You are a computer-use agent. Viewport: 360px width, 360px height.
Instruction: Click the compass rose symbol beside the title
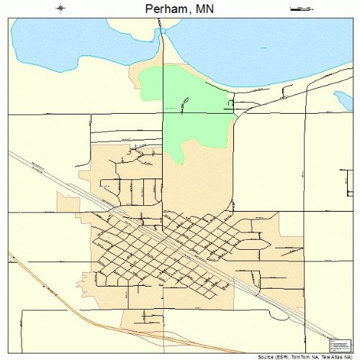(60, 9)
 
